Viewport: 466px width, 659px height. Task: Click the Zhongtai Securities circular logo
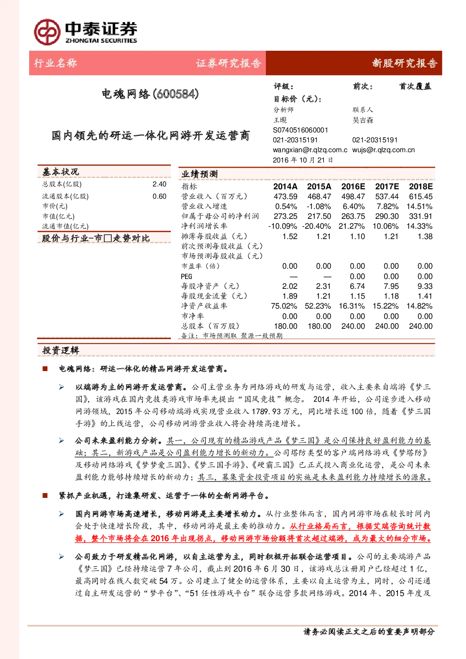pyautogui.click(x=47, y=32)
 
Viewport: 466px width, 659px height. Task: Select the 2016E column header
pyautogui.click(x=353, y=186)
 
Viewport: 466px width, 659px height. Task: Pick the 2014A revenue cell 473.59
pyautogui.click(x=285, y=196)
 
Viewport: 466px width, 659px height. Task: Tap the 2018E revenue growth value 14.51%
pyautogui.click(x=419, y=207)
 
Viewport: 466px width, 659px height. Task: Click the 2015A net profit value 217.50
pyautogui.click(x=319, y=216)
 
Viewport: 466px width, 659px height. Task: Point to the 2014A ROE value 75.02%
pyautogui.click(x=284, y=306)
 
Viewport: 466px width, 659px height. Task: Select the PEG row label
pyautogui.click(x=186, y=277)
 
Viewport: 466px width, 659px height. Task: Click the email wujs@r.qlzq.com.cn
pyautogui.click(x=383, y=150)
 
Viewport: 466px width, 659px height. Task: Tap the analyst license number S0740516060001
pyautogui.click(x=300, y=130)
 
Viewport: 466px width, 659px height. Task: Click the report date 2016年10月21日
pyautogui.click(x=303, y=160)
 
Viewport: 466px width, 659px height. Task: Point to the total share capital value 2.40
pyautogui.click(x=159, y=184)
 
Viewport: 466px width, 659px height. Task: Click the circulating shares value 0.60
pyautogui.click(x=159, y=196)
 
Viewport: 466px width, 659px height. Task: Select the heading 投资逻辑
pyautogui.click(x=61, y=350)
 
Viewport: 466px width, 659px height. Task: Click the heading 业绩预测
pyautogui.click(x=200, y=174)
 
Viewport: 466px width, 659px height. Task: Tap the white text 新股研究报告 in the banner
pyautogui.click(x=404, y=63)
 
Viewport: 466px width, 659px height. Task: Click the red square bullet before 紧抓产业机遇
pyautogui.click(x=45, y=496)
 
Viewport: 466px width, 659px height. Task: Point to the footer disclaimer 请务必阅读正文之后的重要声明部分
pyautogui.click(x=369, y=631)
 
